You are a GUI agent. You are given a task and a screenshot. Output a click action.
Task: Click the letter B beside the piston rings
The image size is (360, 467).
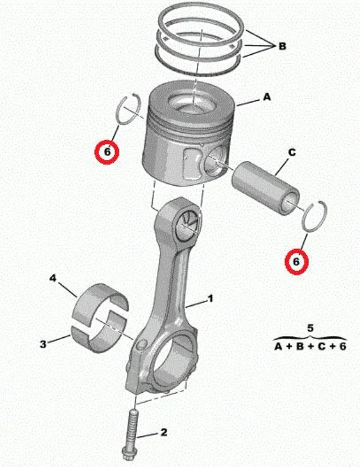point(282,46)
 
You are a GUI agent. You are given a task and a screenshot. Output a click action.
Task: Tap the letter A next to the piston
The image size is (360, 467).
point(267,97)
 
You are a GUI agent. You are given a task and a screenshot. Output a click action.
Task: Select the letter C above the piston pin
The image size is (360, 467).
point(292,152)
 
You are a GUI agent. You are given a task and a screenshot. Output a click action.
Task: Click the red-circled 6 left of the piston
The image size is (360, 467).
point(107,152)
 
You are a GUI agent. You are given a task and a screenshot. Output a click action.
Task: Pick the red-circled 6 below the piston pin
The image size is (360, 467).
point(296,262)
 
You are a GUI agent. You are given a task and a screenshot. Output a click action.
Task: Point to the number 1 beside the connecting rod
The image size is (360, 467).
point(211,298)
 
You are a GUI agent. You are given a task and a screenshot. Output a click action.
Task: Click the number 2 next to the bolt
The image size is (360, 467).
point(163,432)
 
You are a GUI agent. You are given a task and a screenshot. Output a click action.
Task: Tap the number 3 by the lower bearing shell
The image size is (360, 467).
point(43,344)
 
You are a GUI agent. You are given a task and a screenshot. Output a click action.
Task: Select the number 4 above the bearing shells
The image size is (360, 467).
point(53,278)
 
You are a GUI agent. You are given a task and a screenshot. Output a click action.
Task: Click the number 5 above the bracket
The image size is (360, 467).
point(310,328)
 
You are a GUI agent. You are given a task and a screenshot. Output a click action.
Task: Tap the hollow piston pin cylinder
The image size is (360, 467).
point(266,188)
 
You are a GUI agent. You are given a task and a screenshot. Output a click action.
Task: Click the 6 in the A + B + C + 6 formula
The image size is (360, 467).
point(342,347)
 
